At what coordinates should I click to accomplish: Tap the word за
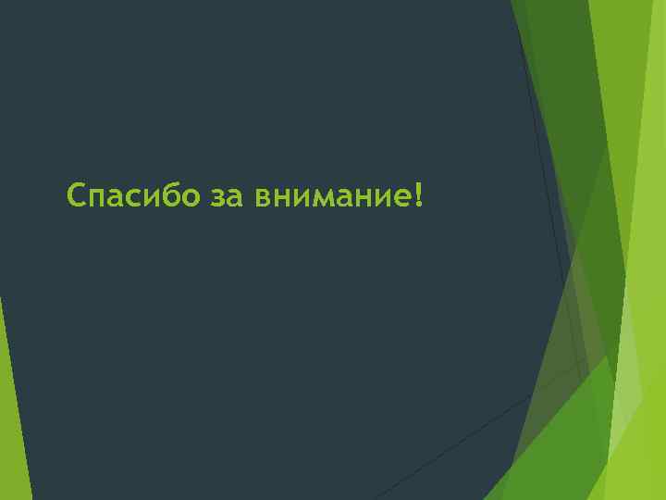pos(227,197)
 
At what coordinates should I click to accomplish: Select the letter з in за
pos(217,198)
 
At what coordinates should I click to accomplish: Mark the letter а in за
pos(235,198)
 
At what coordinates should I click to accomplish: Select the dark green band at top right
pos(555,56)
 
